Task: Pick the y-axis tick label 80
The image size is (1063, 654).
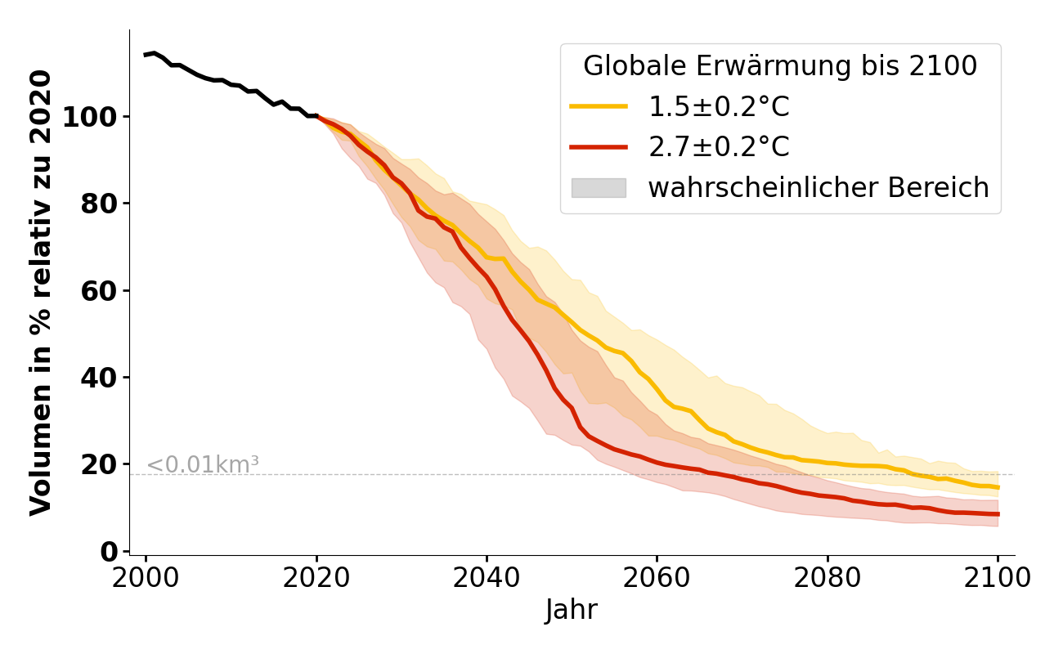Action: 99,204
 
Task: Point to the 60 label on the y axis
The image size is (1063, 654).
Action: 99,291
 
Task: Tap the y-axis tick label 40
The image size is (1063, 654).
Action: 99,378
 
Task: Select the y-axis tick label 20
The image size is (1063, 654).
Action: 99,465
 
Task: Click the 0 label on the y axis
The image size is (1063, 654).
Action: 108,552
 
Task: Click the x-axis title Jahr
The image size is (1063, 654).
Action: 572,611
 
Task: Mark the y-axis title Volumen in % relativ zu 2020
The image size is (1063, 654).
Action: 41,292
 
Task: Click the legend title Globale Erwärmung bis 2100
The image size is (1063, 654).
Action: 780,66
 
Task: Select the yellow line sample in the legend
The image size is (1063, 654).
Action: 599,106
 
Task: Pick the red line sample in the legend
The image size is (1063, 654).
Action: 599,147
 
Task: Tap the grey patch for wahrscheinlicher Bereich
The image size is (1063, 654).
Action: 599,188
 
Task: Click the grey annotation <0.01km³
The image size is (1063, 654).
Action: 203,465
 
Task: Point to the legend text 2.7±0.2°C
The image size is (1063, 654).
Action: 719,147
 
